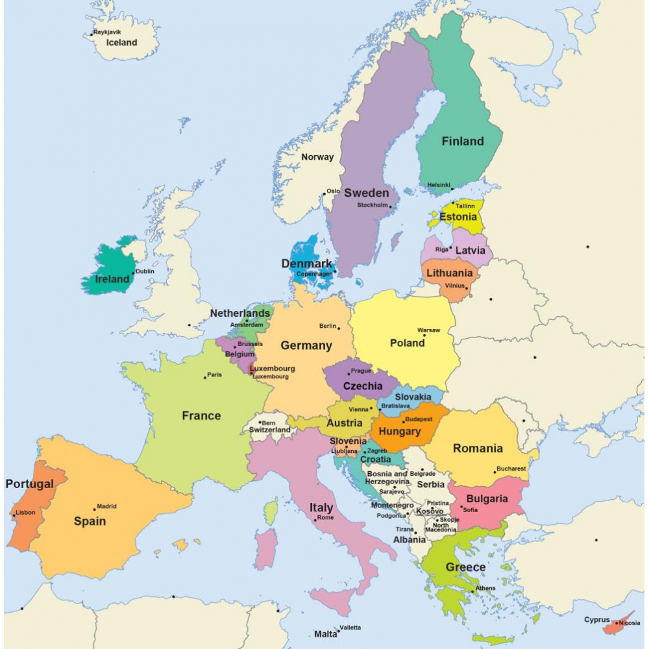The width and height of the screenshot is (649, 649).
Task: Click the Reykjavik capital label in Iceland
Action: (108, 32)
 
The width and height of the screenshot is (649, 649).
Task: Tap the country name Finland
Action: (463, 141)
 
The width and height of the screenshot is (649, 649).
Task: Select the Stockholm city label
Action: (373, 205)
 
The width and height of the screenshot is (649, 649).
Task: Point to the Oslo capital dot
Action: (324, 193)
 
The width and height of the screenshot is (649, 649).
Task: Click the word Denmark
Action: (306, 263)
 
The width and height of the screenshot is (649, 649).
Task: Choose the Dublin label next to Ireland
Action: (145, 271)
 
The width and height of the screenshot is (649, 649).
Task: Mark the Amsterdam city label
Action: (247, 324)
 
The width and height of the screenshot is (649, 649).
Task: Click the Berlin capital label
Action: (328, 326)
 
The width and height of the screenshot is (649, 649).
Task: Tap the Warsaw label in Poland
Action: (428, 330)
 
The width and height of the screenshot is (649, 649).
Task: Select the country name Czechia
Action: (363, 386)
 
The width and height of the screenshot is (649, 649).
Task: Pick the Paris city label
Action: (214, 374)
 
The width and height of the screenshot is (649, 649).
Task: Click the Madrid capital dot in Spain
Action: (95, 508)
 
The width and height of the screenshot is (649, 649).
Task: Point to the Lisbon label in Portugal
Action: (25, 512)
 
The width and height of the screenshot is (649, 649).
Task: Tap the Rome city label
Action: (325, 517)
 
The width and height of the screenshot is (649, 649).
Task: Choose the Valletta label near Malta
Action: (350, 627)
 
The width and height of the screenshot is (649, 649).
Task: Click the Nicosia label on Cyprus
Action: (629, 623)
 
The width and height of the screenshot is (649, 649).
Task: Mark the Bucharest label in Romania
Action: (511, 468)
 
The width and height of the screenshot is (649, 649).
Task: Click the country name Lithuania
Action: (449, 273)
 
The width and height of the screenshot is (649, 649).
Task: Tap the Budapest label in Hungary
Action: (419, 419)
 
